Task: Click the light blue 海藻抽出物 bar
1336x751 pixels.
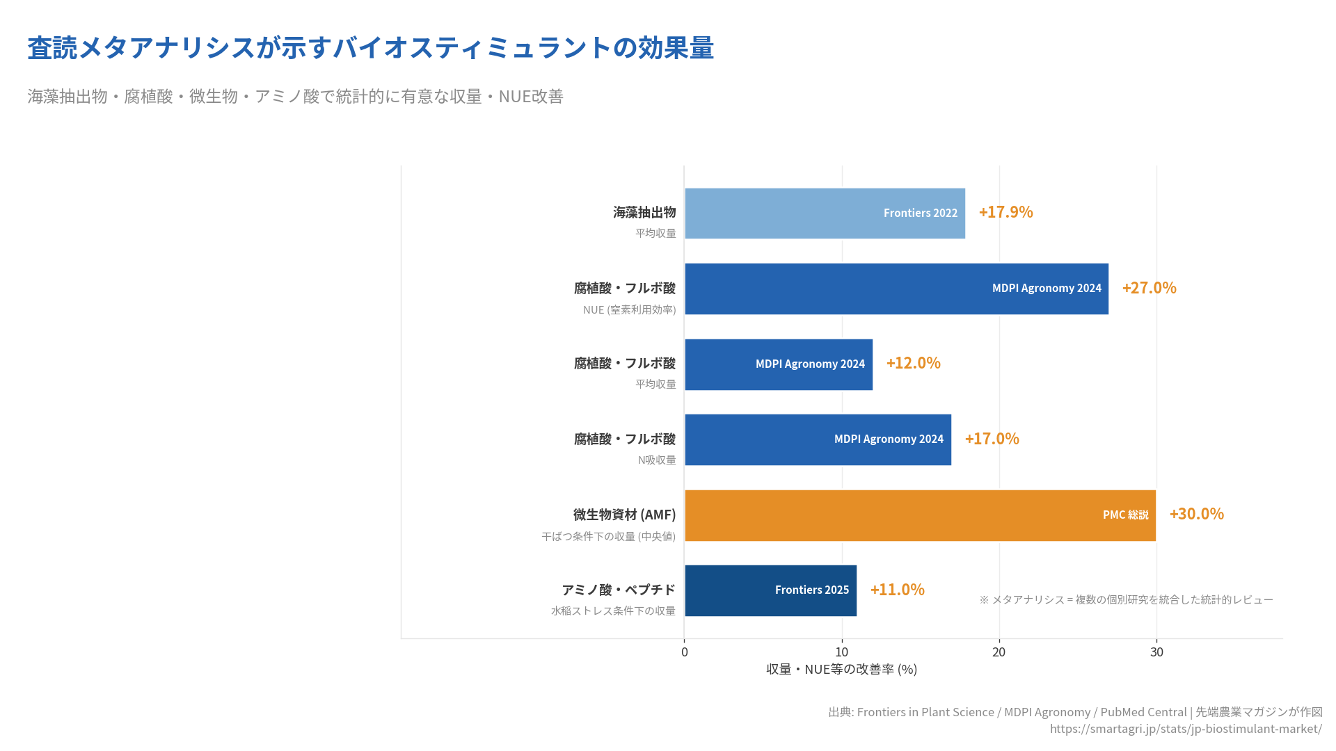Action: click(x=825, y=213)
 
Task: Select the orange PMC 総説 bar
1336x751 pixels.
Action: click(x=920, y=515)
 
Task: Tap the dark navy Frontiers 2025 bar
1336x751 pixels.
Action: click(x=770, y=590)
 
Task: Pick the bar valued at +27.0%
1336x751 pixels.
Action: click(x=896, y=289)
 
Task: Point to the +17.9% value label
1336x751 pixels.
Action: click(x=1005, y=212)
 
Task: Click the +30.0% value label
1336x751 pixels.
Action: click(x=1196, y=514)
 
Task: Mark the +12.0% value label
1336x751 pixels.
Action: click(x=913, y=363)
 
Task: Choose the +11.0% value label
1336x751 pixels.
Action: click(x=897, y=590)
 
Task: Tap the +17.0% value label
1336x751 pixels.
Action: click(x=992, y=439)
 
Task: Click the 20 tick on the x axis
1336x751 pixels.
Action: click(x=999, y=652)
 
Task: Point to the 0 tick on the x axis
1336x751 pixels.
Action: click(x=685, y=652)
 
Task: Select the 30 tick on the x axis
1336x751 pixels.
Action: click(x=1156, y=652)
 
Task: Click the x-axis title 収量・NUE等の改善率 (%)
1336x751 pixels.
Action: click(x=841, y=670)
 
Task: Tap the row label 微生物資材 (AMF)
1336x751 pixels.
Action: click(x=624, y=515)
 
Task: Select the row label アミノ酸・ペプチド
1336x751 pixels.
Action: click(x=619, y=590)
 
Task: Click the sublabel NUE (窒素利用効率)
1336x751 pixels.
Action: click(x=629, y=310)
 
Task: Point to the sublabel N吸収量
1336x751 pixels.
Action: click(x=657, y=460)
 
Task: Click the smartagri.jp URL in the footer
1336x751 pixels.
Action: click(x=1186, y=729)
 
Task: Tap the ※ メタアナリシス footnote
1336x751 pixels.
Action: click(x=1126, y=599)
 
